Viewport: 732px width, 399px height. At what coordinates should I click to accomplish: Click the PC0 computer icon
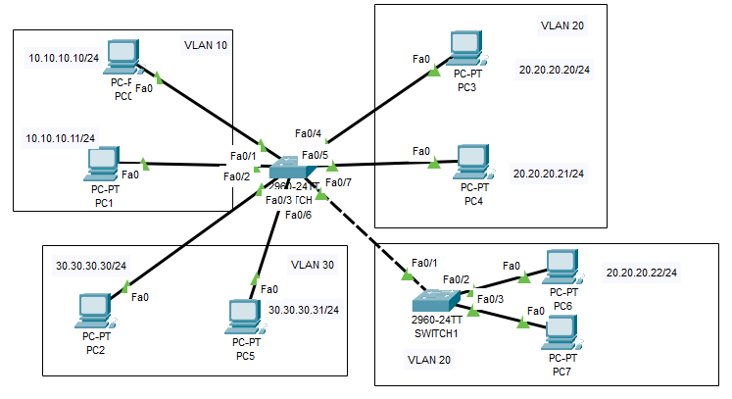[x=124, y=58]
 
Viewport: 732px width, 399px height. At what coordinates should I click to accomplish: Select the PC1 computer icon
[x=103, y=165]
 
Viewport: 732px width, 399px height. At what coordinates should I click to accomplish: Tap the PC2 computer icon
[x=96, y=312]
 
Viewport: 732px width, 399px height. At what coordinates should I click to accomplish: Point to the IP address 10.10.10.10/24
[x=64, y=59]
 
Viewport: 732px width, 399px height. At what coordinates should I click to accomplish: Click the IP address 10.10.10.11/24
[x=61, y=138]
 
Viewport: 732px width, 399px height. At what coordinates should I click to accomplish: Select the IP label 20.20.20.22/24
[x=642, y=272]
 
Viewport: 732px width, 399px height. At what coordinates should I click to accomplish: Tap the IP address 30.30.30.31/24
[x=304, y=310]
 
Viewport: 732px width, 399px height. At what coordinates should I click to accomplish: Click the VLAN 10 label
[x=206, y=45]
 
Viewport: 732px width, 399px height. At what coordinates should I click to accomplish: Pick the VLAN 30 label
[x=312, y=264]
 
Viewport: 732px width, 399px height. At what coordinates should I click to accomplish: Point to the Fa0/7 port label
[x=338, y=182]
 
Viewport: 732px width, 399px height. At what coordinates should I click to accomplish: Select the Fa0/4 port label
[x=308, y=133]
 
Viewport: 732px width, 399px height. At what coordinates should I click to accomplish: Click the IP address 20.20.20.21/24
[x=548, y=174]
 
